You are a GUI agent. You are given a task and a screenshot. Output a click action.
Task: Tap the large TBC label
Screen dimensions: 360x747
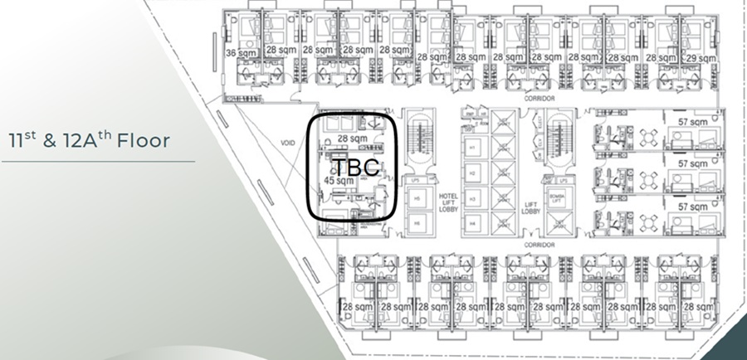[357, 167]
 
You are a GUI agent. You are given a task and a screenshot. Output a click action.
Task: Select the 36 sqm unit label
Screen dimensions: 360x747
[242, 52]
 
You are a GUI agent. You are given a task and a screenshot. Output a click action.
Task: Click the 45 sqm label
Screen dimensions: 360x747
[338, 179]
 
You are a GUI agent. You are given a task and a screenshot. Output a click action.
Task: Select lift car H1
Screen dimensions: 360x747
[472, 146]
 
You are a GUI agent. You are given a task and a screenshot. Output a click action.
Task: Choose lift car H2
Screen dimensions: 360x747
[472, 173]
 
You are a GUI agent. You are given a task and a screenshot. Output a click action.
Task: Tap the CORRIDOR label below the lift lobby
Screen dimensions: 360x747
[539, 246]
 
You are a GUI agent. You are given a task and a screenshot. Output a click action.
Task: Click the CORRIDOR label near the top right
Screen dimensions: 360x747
[538, 97]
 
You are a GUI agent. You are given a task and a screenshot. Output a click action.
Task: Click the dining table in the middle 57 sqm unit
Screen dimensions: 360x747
[650, 177]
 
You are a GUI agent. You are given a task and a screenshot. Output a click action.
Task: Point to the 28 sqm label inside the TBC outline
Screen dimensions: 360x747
[353, 138]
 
